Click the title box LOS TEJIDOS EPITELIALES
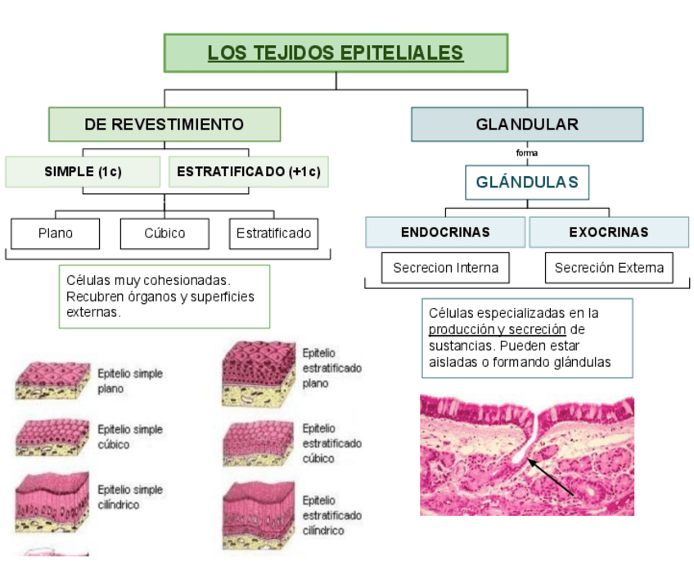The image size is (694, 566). pyautogui.click(x=336, y=53)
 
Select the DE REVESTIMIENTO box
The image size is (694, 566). pyautogui.click(x=164, y=125)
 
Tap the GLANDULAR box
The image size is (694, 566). pyautogui.click(x=527, y=125)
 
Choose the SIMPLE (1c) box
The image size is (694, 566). pyautogui.click(x=83, y=172)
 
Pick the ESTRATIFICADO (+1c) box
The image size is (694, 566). pyautogui.click(x=249, y=172)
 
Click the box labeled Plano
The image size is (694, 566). pyautogui.click(x=56, y=233)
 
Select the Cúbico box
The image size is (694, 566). pyautogui.click(x=164, y=233)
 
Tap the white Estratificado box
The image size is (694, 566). pyautogui.click(x=273, y=233)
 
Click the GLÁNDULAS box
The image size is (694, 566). pyautogui.click(x=527, y=182)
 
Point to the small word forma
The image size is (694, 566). pyautogui.click(x=527, y=153)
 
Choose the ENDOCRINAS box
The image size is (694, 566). pyautogui.click(x=445, y=232)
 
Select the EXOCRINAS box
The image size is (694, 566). pyautogui.click(x=609, y=232)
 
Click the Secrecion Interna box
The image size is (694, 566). pyautogui.click(x=445, y=268)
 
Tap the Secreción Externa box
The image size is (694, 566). pyautogui.click(x=609, y=268)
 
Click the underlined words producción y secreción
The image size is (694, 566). pyautogui.click(x=498, y=329)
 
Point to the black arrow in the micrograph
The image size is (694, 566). pyautogui.click(x=552, y=478)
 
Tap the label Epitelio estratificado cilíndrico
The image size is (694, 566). pyautogui.click(x=331, y=515)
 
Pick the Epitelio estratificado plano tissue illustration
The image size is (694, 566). pyautogui.click(x=258, y=373)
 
